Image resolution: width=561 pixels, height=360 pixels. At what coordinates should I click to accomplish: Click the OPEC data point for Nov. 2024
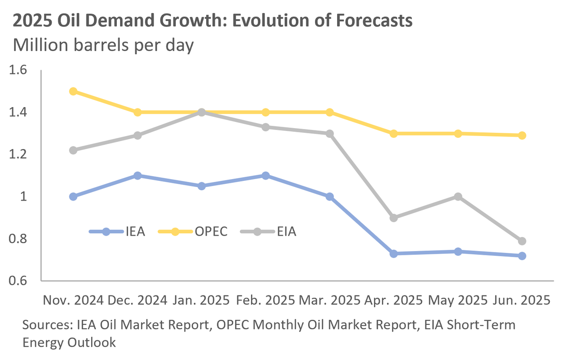[x=73, y=91]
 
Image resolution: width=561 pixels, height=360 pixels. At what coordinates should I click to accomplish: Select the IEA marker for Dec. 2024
[x=137, y=175]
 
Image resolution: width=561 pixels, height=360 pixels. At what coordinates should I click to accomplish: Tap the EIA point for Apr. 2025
[x=394, y=218]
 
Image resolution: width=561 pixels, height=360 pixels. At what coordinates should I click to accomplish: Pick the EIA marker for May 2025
[x=458, y=196]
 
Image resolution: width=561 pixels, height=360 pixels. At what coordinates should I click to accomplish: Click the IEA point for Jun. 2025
[x=522, y=256]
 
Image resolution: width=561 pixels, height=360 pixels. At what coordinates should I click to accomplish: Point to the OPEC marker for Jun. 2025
[x=522, y=136]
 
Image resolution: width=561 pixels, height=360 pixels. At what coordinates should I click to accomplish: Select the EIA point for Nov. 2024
[x=73, y=150]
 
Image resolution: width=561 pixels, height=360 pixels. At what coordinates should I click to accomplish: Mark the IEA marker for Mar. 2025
[x=330, y=196]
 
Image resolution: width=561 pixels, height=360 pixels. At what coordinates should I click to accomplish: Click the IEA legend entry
[x=117, y=231]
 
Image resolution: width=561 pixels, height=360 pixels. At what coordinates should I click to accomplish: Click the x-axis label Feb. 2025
[x=266, y=300]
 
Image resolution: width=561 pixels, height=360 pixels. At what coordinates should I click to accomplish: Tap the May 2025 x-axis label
[x=458, y=300]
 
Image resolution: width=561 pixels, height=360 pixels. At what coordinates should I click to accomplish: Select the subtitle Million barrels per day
[x=103, y=46]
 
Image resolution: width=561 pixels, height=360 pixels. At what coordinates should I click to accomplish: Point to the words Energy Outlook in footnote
[x=69, y=343]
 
